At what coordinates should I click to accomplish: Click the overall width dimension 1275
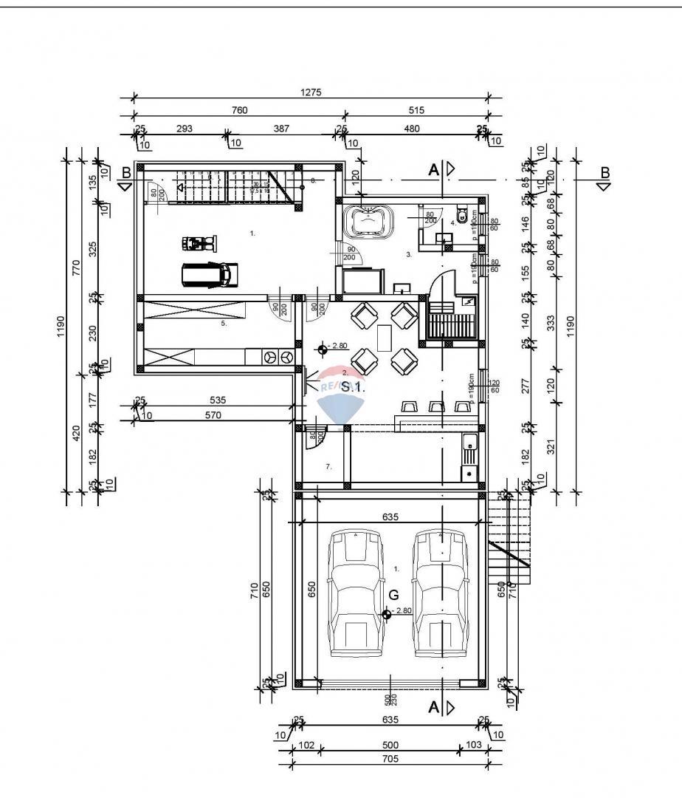(x=311, y=93)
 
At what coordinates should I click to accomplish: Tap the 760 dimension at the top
(x=239, y=111)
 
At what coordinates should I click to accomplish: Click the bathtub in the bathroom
(x=368, y=220)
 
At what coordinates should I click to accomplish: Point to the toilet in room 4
(x=462, y=216)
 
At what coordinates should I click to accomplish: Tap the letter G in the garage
(x=393, y=595)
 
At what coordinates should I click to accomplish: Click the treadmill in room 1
(x=210, y=274)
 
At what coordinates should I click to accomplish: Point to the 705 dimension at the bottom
(x=390, y=759)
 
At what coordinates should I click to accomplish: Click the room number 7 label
(x=329, y=466)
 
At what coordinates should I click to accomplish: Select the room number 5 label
(x=224, y=323)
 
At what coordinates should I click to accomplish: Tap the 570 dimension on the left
(x=213, y=415)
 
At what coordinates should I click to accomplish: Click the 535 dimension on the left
(x=217, y=400)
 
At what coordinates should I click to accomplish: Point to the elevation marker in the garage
(x=387, y=613)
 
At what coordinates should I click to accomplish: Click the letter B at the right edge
(x=604, y=173)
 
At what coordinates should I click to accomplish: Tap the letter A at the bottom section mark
(x=435, y=708)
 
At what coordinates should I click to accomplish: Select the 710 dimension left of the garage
(x=254, y=590)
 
